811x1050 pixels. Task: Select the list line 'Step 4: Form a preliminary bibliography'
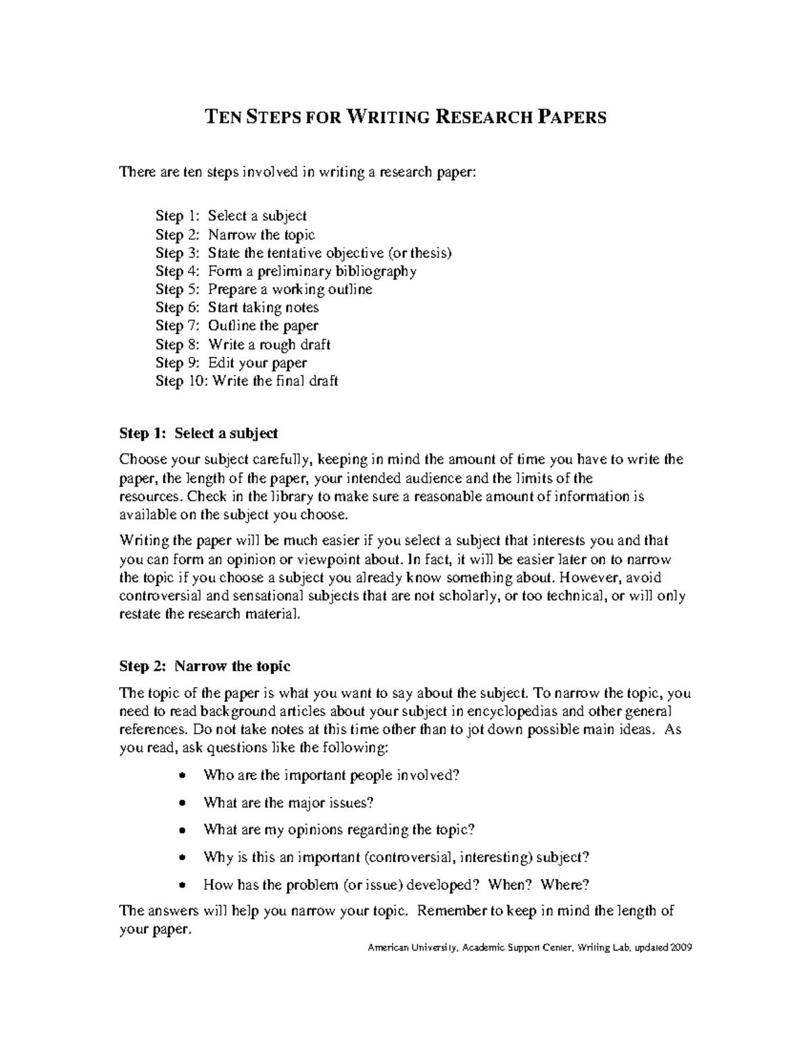(286, 271)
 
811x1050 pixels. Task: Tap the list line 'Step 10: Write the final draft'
(247, 381)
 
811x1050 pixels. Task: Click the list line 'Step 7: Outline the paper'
(237, 326)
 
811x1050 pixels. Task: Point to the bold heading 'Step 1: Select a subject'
(198, 433)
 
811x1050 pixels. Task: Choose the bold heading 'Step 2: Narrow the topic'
(205, 666)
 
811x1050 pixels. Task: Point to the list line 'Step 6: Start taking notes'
(237, 308)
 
